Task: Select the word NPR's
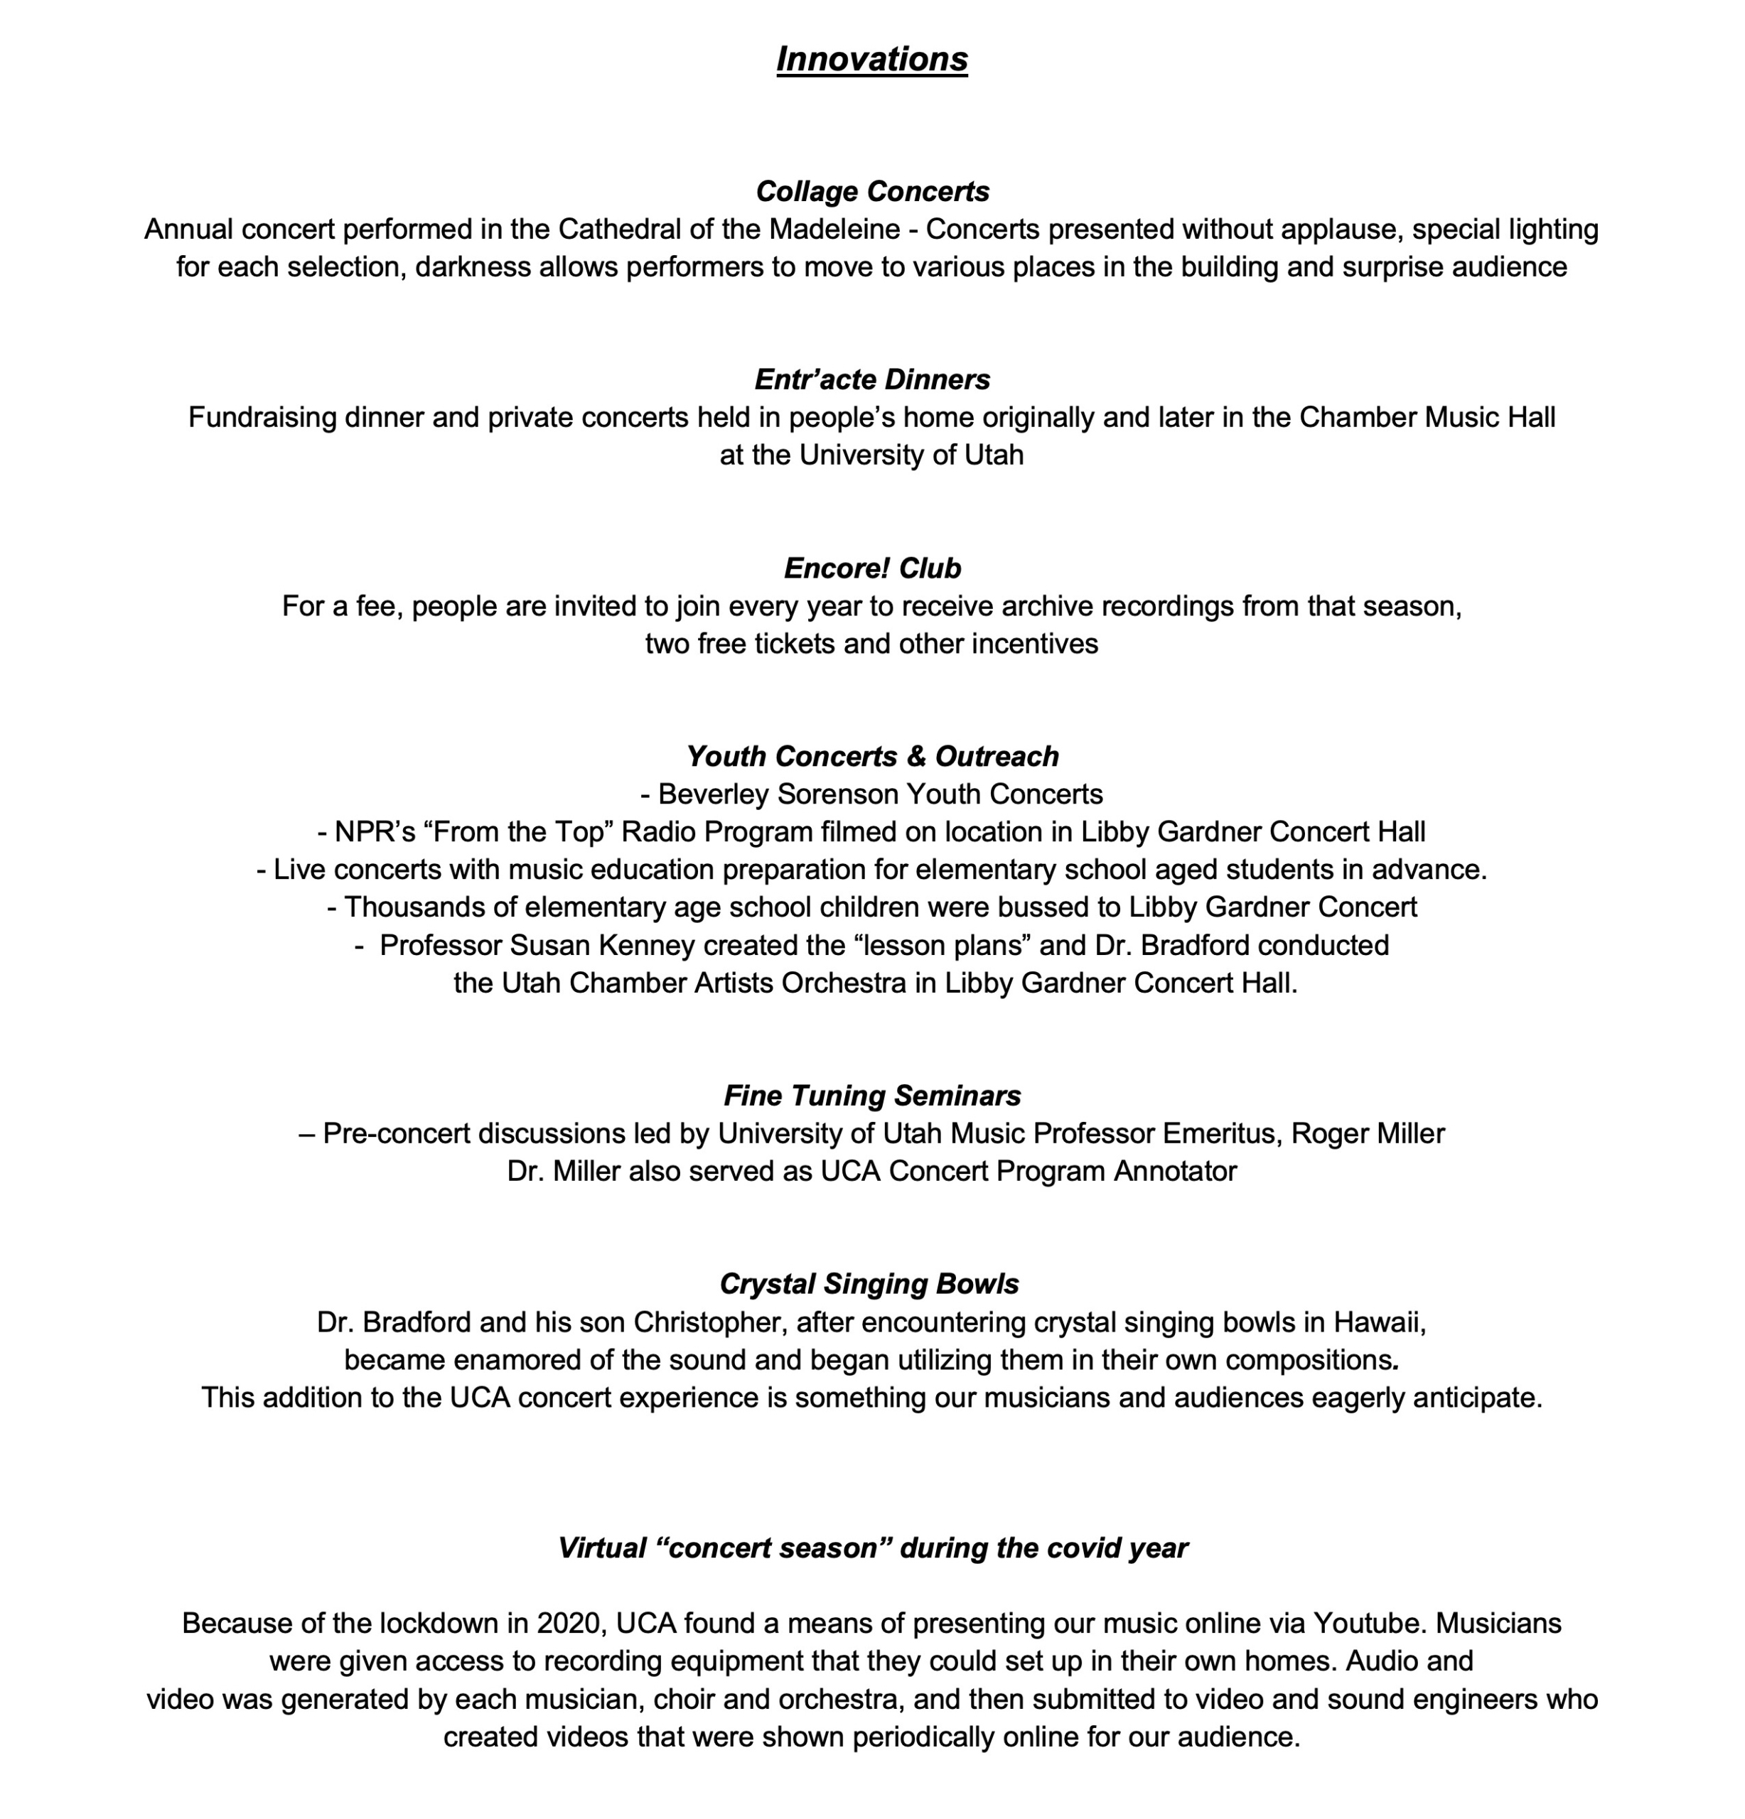[x=374, y=831]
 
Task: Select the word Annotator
[x=1175, y=1171]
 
